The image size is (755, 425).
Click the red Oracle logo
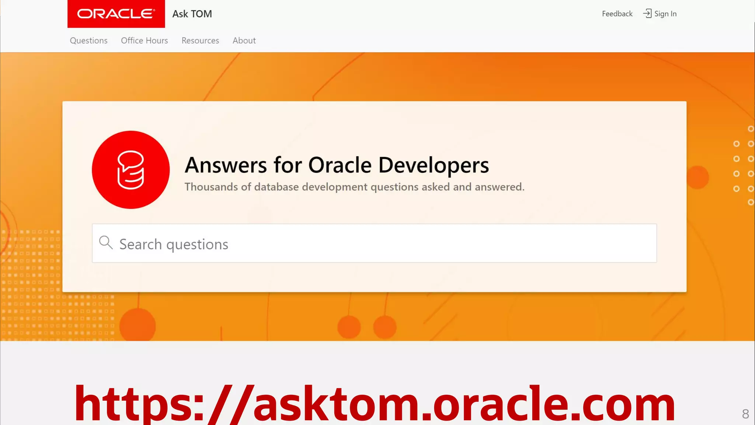(116, 14)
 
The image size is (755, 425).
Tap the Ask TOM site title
(192, 14)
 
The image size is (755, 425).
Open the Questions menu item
(88, 41)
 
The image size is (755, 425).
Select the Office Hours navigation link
(144, 41)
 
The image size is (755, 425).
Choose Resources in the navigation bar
(200, 41)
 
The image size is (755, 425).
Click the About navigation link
(244, 41)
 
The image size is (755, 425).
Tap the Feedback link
(617, 14)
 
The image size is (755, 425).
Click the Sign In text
(665, 14)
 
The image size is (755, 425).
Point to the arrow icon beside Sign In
(647, 14)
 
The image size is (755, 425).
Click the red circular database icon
(131, 170)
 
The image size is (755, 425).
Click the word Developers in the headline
(434, 165)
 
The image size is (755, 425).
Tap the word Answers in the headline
(226, 165)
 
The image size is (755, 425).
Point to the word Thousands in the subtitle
(211, 187)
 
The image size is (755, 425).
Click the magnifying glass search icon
(106, 243)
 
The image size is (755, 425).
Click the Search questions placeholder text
(174, 244)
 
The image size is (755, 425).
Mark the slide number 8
(745, 414)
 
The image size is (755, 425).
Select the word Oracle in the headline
(340, 165)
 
